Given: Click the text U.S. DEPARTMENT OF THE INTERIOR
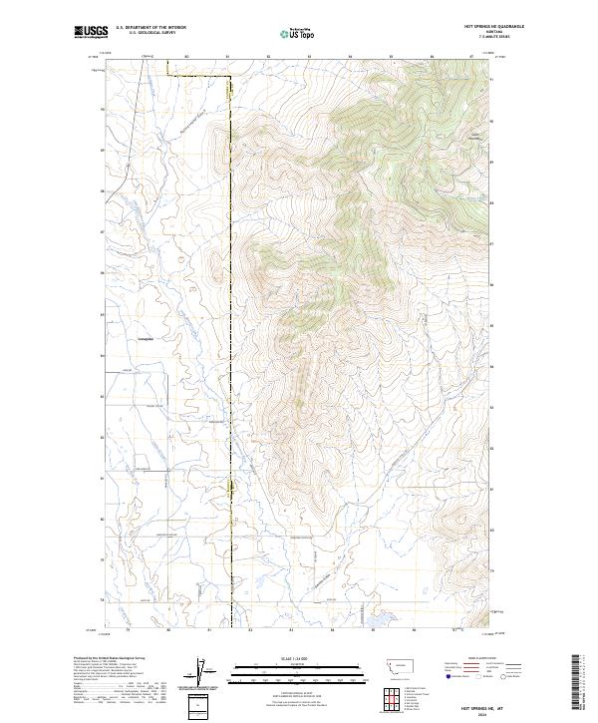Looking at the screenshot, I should (149, 28).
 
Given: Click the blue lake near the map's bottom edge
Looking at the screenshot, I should (378, 620).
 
